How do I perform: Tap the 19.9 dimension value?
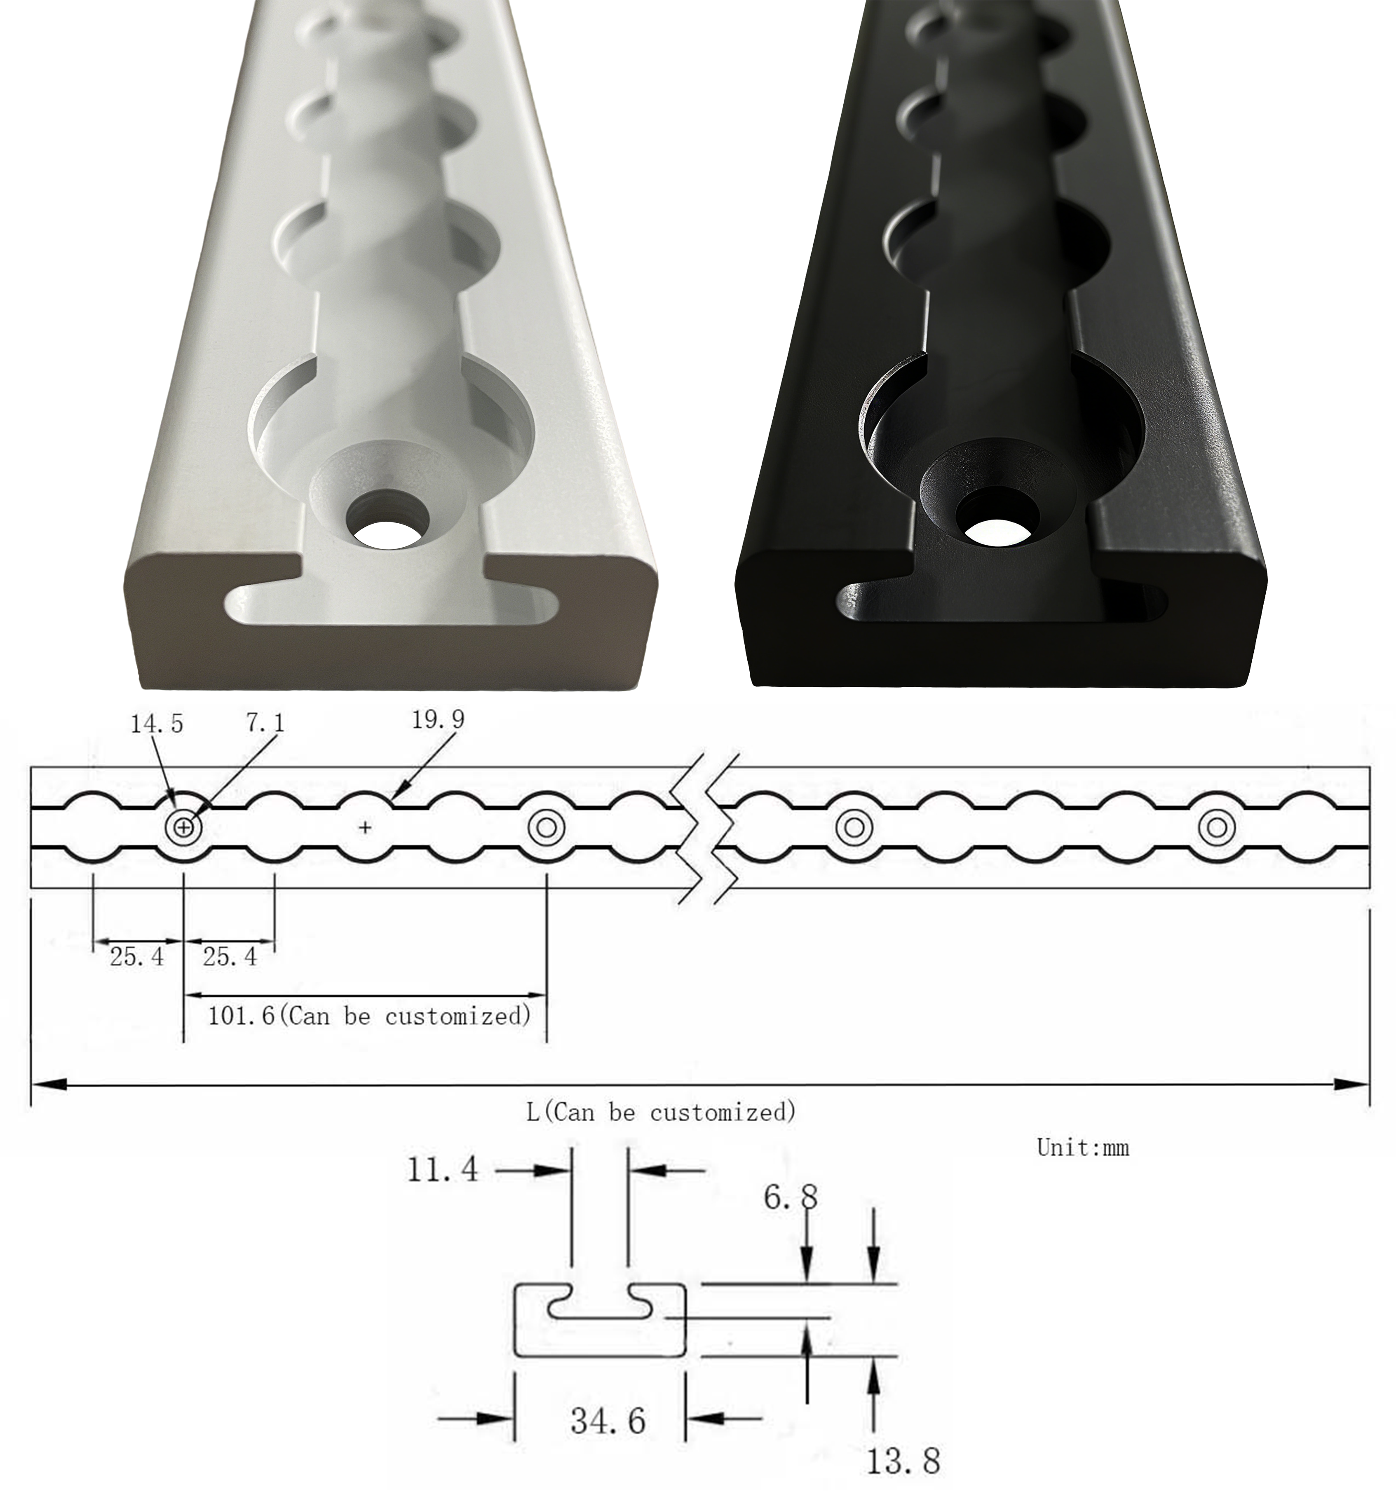click(x=438, y=720)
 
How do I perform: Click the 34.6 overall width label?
click(x=607, y=1421)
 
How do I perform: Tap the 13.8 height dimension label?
click(x=903, y=1460)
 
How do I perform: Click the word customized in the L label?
click(x=722, y=1112)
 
